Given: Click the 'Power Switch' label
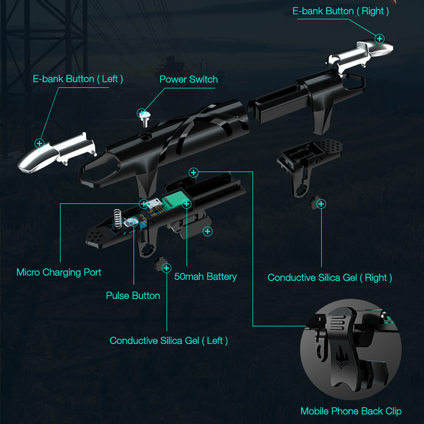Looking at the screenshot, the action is click(189, 79).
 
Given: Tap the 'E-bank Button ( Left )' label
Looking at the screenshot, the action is click(78, 78).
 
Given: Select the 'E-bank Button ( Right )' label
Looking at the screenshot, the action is click(341, 11).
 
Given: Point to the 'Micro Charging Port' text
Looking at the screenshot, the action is click(59, 272).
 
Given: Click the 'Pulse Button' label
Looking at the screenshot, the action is click(133, 295).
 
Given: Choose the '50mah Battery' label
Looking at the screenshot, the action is click(206, 276).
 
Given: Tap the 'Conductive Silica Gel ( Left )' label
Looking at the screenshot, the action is click(169, 340).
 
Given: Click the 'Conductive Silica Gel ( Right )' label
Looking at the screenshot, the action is click(330, 277).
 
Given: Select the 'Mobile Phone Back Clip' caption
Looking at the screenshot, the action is click(351, 411).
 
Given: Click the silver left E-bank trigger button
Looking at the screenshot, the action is click(56, 153).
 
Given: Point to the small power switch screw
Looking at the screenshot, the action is click(144, 119).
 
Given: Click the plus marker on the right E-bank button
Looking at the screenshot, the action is click(379, 39).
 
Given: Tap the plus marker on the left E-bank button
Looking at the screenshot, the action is click(39, 143).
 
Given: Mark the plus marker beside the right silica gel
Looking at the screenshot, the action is click(321, 204).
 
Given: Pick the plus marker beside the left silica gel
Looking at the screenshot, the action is click(166, 268).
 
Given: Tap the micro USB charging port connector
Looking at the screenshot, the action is click(154, 204).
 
